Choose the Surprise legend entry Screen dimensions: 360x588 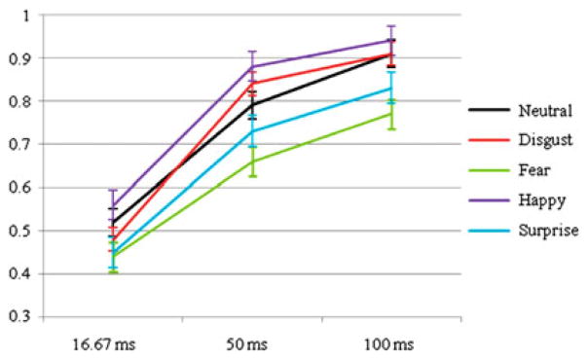point(539,233)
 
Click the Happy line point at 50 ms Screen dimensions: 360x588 point(252,67)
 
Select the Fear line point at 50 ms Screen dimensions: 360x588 point(252,162)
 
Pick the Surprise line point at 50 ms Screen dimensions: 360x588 point(252,131)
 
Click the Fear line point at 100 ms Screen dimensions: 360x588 point(390,114)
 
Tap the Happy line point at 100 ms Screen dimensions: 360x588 point(390,41)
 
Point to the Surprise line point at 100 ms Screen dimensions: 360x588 point(390,89)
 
